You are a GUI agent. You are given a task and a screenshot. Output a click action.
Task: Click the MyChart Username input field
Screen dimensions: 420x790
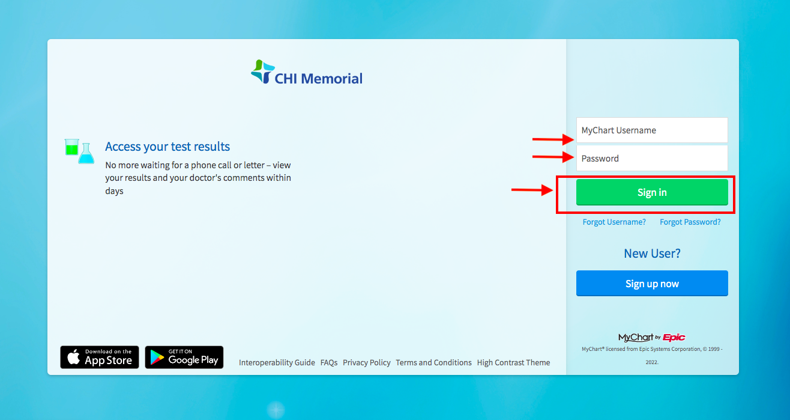[x=652, y=130]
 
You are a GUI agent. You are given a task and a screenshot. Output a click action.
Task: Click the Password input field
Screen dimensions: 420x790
[x=652, y=159]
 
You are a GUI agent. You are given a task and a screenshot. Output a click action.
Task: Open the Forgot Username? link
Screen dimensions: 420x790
[x=614, y=222]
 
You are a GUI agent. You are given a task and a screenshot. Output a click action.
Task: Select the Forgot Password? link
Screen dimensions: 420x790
[x=690, y=222]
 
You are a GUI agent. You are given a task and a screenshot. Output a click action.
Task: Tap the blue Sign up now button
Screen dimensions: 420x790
[x=652, y=284]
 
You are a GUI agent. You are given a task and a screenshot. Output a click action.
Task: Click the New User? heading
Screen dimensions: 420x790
[x=652, y=254]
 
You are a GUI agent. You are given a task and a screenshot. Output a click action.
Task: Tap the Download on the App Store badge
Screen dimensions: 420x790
[x=100, y=357]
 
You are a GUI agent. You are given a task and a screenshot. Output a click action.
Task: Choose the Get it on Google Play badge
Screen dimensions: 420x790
[x=184, y=357]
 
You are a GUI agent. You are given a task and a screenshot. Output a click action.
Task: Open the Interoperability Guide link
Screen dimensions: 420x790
[x=277, y=363]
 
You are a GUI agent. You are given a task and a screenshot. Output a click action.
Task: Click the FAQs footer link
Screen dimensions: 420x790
[x=329, y=363]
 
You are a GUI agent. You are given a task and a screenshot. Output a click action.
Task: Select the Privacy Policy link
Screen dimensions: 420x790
[x=367, y=363]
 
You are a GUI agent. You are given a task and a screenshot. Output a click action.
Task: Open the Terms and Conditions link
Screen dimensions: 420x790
[x=433, y=363]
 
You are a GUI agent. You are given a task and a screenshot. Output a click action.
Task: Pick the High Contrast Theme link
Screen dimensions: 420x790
[x=513, y=363]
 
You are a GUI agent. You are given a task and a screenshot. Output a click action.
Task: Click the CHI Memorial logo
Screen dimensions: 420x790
[x=307, y=73]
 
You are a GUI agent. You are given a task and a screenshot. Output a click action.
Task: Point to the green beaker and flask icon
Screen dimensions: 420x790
[x=79, y=151]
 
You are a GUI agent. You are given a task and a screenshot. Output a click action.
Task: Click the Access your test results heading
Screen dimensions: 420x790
[x=167, y=147]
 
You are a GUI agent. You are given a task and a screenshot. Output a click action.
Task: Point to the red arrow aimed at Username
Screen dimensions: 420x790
[x=553, y=139]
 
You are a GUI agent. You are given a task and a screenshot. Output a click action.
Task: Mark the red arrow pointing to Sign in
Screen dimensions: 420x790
[x=532, y=190]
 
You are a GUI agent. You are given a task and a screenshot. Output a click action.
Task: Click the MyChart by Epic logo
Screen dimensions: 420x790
[x=652, y=338]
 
